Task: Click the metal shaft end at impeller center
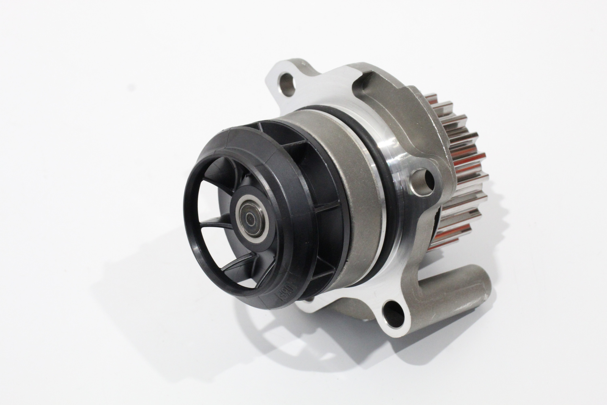click(x=250, y=217)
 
